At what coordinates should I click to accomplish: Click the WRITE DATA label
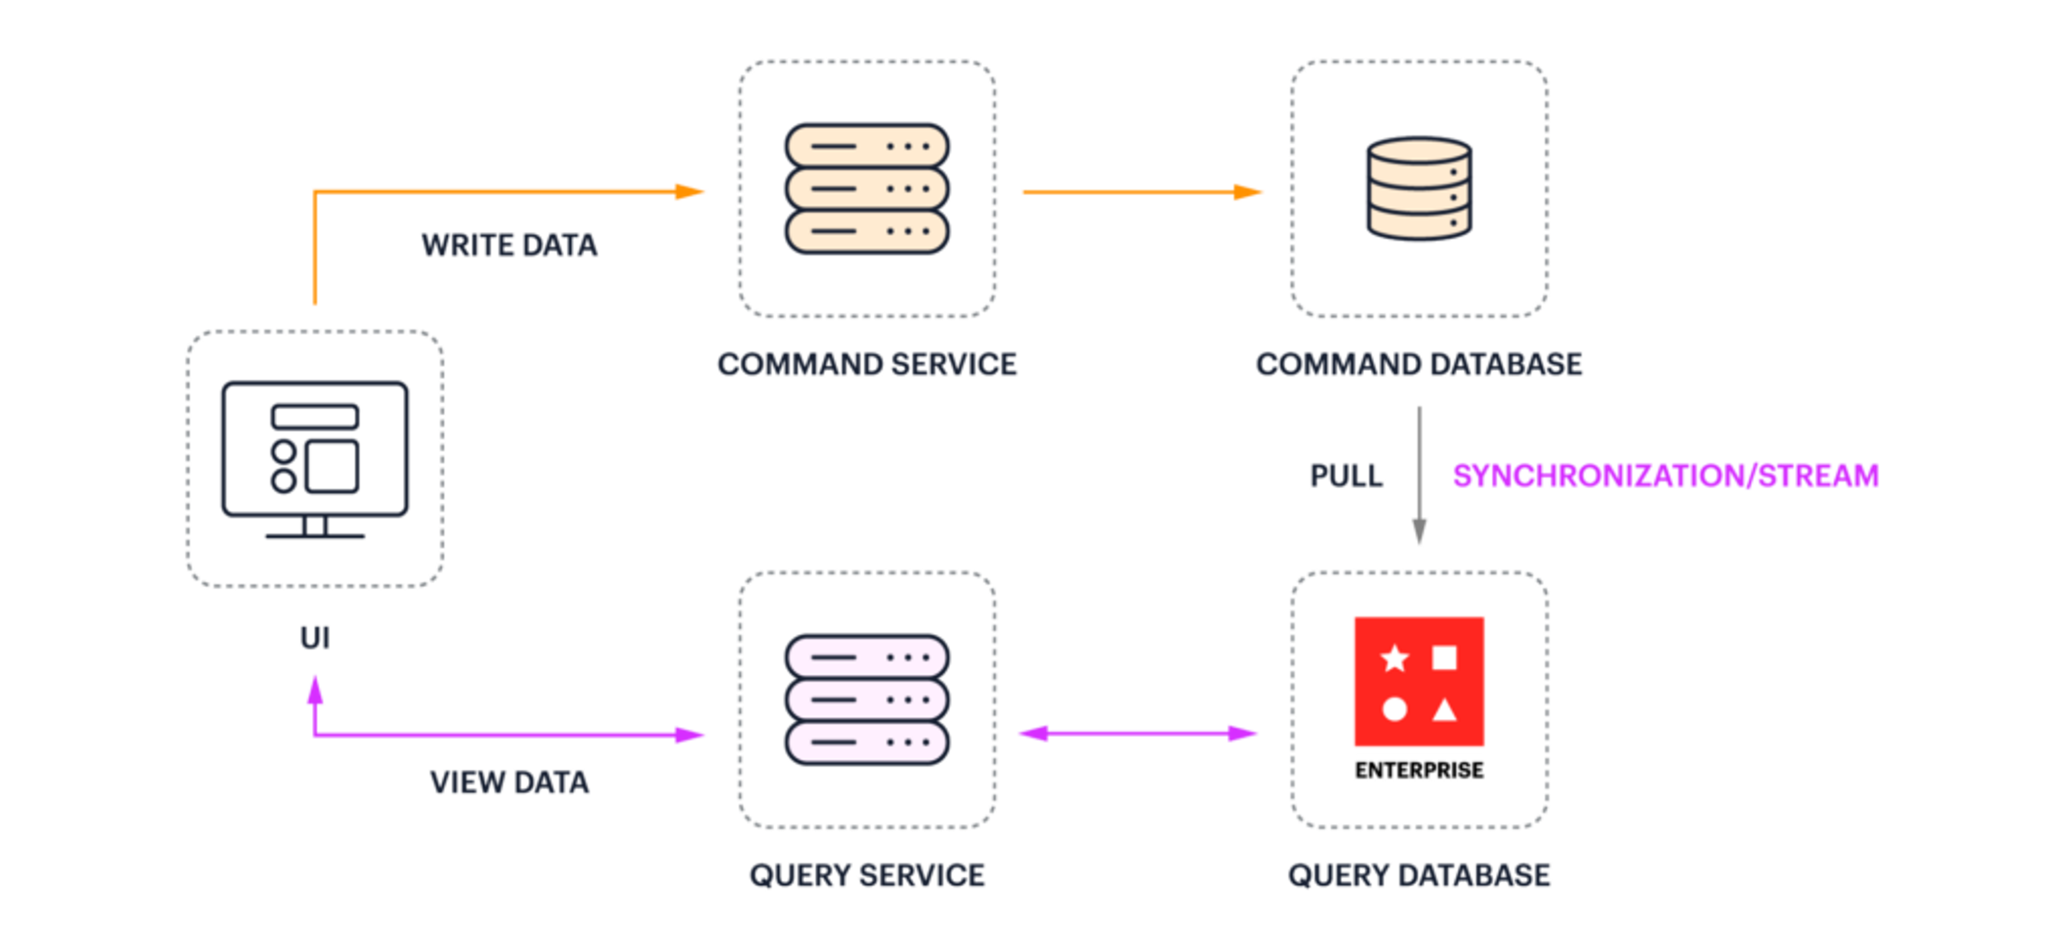[x=510, y=245]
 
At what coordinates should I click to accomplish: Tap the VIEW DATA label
[x=510, y=781]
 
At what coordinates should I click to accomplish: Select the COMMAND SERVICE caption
[x=867, y=364]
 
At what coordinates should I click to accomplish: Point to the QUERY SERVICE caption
[x=867, y=875]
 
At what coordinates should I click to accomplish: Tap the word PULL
[x=1346, y=475]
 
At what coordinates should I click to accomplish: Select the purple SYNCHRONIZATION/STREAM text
[x=1666, y=475]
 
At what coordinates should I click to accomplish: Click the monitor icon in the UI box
[x=315, y=459]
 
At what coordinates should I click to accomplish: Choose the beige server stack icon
[x=867, y=189]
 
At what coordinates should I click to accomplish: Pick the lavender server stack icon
[x=867, y=699]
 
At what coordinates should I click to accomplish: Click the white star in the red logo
[x=1394, y=658]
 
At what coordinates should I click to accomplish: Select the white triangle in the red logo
[x=1445, y=710]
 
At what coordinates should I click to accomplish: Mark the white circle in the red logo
[x=1394, y=710]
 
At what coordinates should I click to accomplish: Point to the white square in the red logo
[x=1445, y=658]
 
